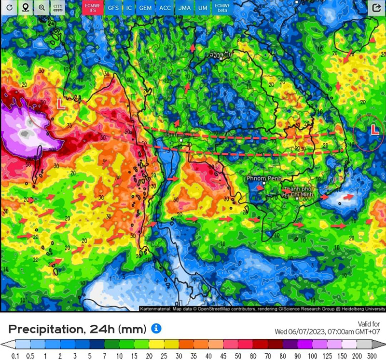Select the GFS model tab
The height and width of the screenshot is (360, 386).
coord(113,8)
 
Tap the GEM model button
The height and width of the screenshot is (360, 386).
coord(145,8)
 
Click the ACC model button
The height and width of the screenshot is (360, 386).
coord(165,8)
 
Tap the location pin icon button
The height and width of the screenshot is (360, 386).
coord(26,8)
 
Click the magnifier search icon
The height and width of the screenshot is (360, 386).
coord(42,8)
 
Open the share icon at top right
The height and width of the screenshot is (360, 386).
coord(376,8)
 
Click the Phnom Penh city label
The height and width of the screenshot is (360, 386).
coord(263,178)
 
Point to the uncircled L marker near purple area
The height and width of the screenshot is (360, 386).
coord(61,104)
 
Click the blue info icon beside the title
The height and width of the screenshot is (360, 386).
coord(156,328)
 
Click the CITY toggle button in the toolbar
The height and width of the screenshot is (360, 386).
coord(58,8)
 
